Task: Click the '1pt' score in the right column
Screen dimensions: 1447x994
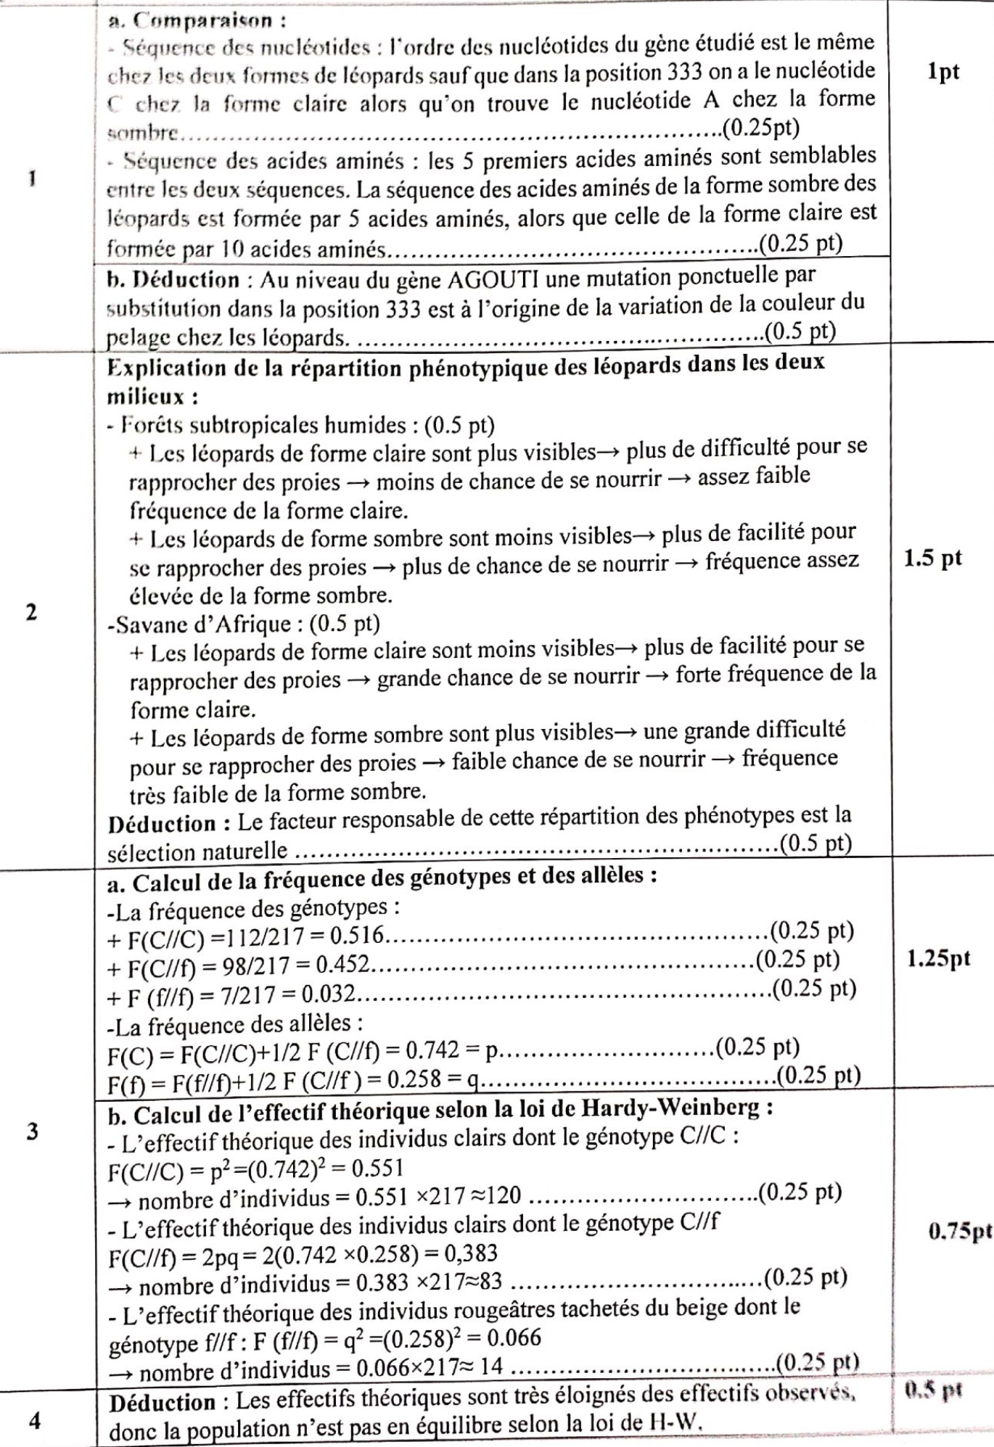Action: pyautogui.click(x=942, y=72)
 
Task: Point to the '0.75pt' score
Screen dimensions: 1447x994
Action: pyautogui.click(x=960, y=1232)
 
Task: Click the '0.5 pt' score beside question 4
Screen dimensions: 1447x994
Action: pyautogui.click(x=933, y=1390)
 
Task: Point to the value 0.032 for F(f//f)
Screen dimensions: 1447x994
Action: pyautogui.click(x=329, y=994)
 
